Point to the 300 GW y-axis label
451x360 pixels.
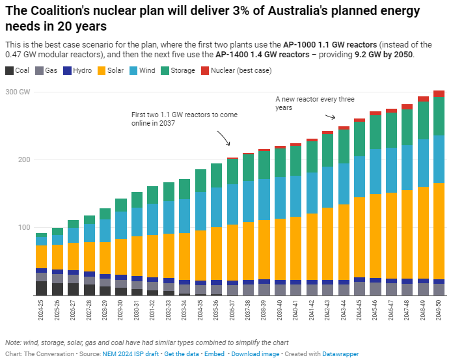coord(18,92)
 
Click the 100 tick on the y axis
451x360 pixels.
coord(23,227)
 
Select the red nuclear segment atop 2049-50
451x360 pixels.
coord(439,94)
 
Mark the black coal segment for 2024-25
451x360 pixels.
coord(42,288)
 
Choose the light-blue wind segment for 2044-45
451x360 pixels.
coord(359,176)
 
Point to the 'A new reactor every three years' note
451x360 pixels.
coord(315,104)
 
